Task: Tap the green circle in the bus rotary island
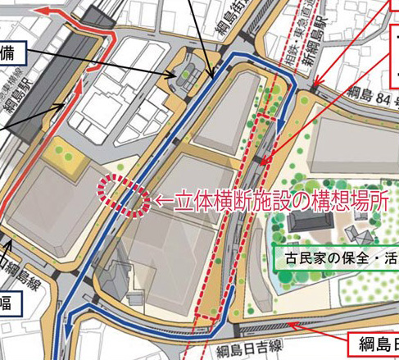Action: click(188, 75)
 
